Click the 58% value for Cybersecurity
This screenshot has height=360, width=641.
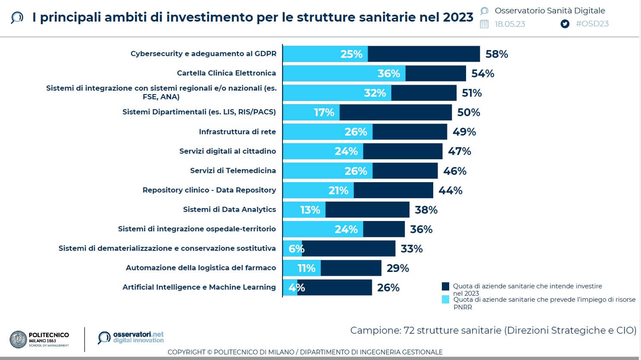click(496, 54)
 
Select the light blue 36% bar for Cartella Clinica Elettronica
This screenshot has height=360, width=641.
click(344, 73)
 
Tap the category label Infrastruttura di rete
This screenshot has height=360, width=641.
click(237, 132)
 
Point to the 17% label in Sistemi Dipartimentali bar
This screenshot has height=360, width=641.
click(324, 112)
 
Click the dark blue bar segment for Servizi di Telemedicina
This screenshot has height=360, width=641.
click(405, 171)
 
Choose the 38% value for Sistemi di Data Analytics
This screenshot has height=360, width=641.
click(426, 210)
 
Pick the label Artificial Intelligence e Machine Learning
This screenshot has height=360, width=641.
click(199, 287)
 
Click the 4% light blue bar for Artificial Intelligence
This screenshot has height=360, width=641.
click(290, 287)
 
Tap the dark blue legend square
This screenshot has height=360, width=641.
click(445, 286)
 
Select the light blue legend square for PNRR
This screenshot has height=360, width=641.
click(445, 299)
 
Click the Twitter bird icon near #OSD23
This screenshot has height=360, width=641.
click(565, 24)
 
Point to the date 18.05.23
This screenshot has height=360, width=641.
click(510, 24)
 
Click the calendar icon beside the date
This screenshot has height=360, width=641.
click(484, 24)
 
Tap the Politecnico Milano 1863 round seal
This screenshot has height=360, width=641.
click(18, 339)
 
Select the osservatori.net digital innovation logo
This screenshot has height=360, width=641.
click(131, 337)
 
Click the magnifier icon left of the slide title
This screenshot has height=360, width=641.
click(16, 18)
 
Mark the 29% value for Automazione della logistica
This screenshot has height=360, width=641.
click(397, 268)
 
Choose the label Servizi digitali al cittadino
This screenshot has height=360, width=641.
click(228, 151)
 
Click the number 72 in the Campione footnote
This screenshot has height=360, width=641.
click(409, 331)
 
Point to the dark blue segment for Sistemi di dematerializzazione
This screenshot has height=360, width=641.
click(348, 249)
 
